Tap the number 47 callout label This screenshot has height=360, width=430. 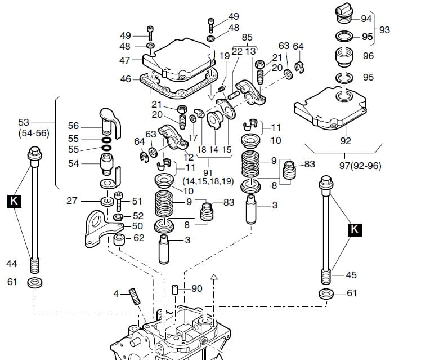[x=124, y=60]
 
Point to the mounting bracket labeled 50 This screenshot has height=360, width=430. [x=102, y=229]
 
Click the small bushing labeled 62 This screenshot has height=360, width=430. [x=119, y=240]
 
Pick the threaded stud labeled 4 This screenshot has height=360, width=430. [x=135, y=296]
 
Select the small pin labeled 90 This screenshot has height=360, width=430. [x=175, y=290]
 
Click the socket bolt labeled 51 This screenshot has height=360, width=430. [x=118, y=201]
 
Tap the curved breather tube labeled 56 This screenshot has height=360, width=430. [x=110, y=123]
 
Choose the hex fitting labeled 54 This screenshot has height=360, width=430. [x=107, y=164]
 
